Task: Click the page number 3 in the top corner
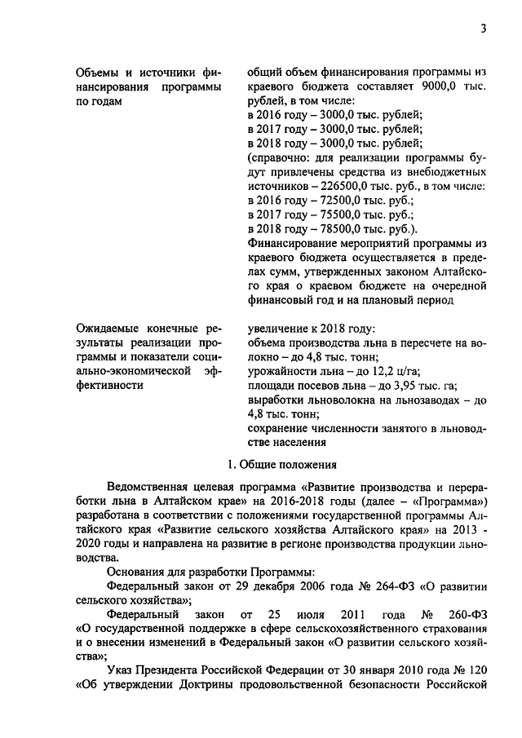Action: point(483,30)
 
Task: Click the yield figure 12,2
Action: point(377,371)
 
